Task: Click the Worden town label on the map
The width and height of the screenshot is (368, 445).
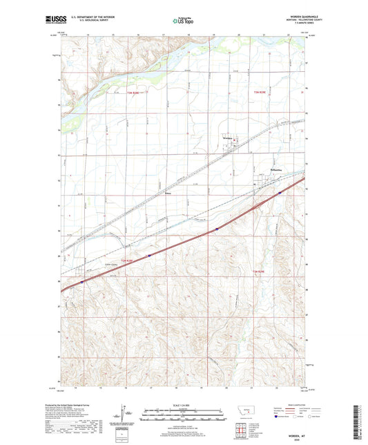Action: point(229,140)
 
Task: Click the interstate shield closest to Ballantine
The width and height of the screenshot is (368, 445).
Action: point(278,194)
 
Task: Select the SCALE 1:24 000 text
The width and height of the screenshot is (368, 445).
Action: point(183,406)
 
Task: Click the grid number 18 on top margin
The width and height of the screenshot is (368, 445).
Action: point(188,32)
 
